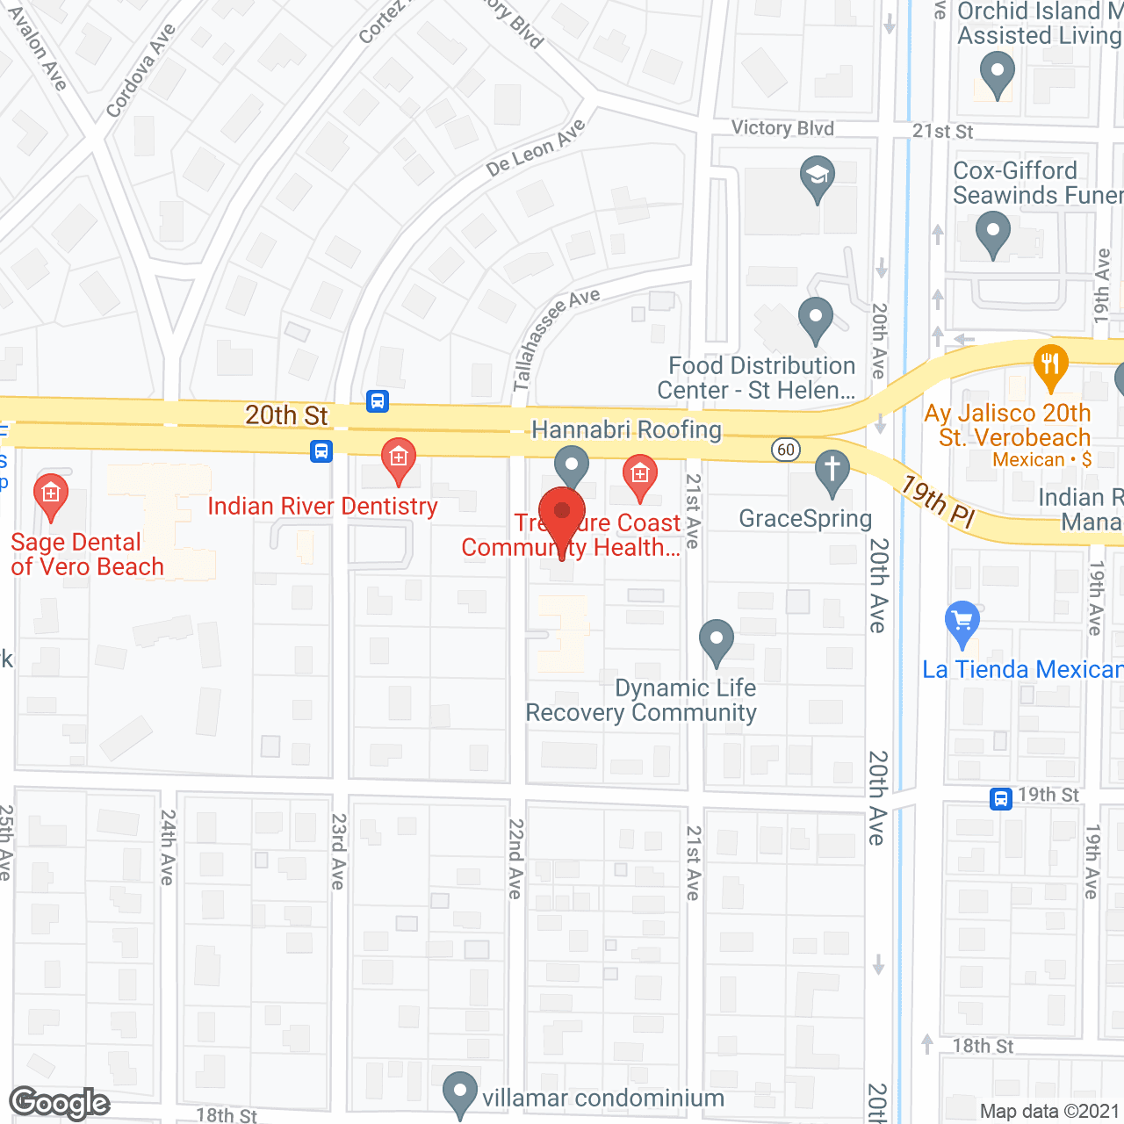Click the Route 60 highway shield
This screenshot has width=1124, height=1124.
(785, 450)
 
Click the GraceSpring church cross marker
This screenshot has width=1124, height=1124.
(832, 470)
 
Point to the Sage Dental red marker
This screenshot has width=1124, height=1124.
(51, 494)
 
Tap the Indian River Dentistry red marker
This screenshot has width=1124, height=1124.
(398, 458)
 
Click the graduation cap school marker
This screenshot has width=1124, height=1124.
(817, 176)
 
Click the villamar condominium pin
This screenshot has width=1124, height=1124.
(459, 1092)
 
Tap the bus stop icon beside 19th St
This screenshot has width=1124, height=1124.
(1000, 799)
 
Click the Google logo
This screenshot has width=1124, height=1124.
(60, 1103)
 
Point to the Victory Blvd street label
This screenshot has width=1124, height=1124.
(782, 128)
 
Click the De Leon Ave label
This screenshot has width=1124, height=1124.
(536, 148)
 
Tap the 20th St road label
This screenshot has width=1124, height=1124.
(286, 415)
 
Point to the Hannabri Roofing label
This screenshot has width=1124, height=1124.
(626, 429)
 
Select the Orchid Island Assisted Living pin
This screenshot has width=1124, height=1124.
(996, 72)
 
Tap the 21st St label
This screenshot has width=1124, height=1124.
(942, 132)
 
